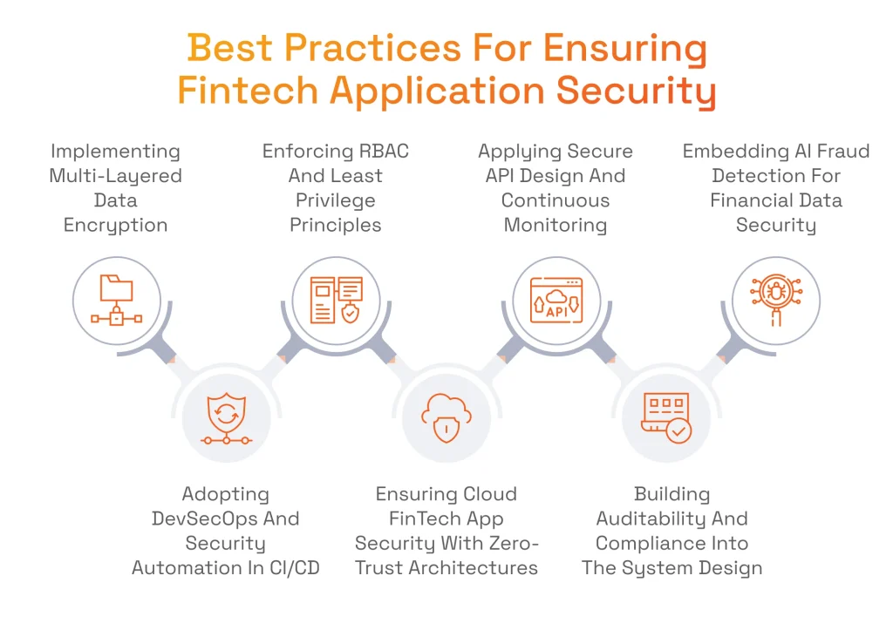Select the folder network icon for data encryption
pyautogui.click(x=116, y=300)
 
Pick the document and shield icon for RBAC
pyautogui.click(x=336, y=300)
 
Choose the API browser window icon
pyautogui.click(x=556, y=300)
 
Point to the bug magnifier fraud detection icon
pyautogui.click(x=775, y=300)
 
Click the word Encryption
pyautogui.click(x=115, y=225)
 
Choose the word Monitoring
pyautogui.click(x=555, y=225)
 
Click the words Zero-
pyautogui.click(x=511, y=544)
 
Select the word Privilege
pyautogui.click(x=336, y=200)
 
